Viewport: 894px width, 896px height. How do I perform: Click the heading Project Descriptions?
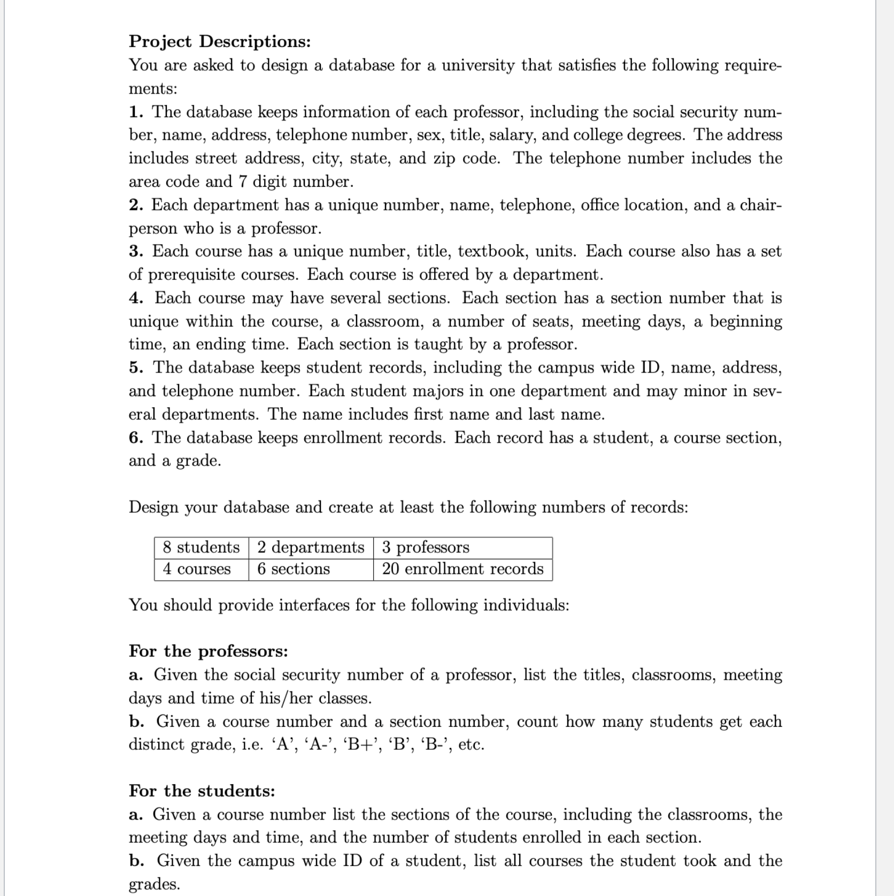pyautogui.click(x=220, y=41)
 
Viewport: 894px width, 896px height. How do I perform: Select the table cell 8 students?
pyautogui.click(x=201, y=548)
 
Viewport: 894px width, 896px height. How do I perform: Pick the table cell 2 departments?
pyautogui.click(x=311, y=548)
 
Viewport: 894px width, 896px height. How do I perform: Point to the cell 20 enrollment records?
pyautogui.click(x=463, y=569)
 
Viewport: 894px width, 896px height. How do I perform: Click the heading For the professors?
pyautogui.click(x=209, y=651)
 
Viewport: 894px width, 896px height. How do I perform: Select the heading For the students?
pyautogui.click(x=202, y=791)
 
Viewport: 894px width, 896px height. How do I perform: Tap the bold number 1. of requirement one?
pyautogui.click(x=136, y=112)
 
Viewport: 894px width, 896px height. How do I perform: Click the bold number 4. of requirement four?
pyautogui.click(x=136, y=298)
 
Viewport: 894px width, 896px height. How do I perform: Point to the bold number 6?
pyautogui.click(x=136, y=438)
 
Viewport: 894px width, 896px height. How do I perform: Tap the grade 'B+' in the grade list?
pyautogui.click(x=356, y=745)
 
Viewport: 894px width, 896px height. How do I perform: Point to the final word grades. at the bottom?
pyautogui.click(x=155, y=884)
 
